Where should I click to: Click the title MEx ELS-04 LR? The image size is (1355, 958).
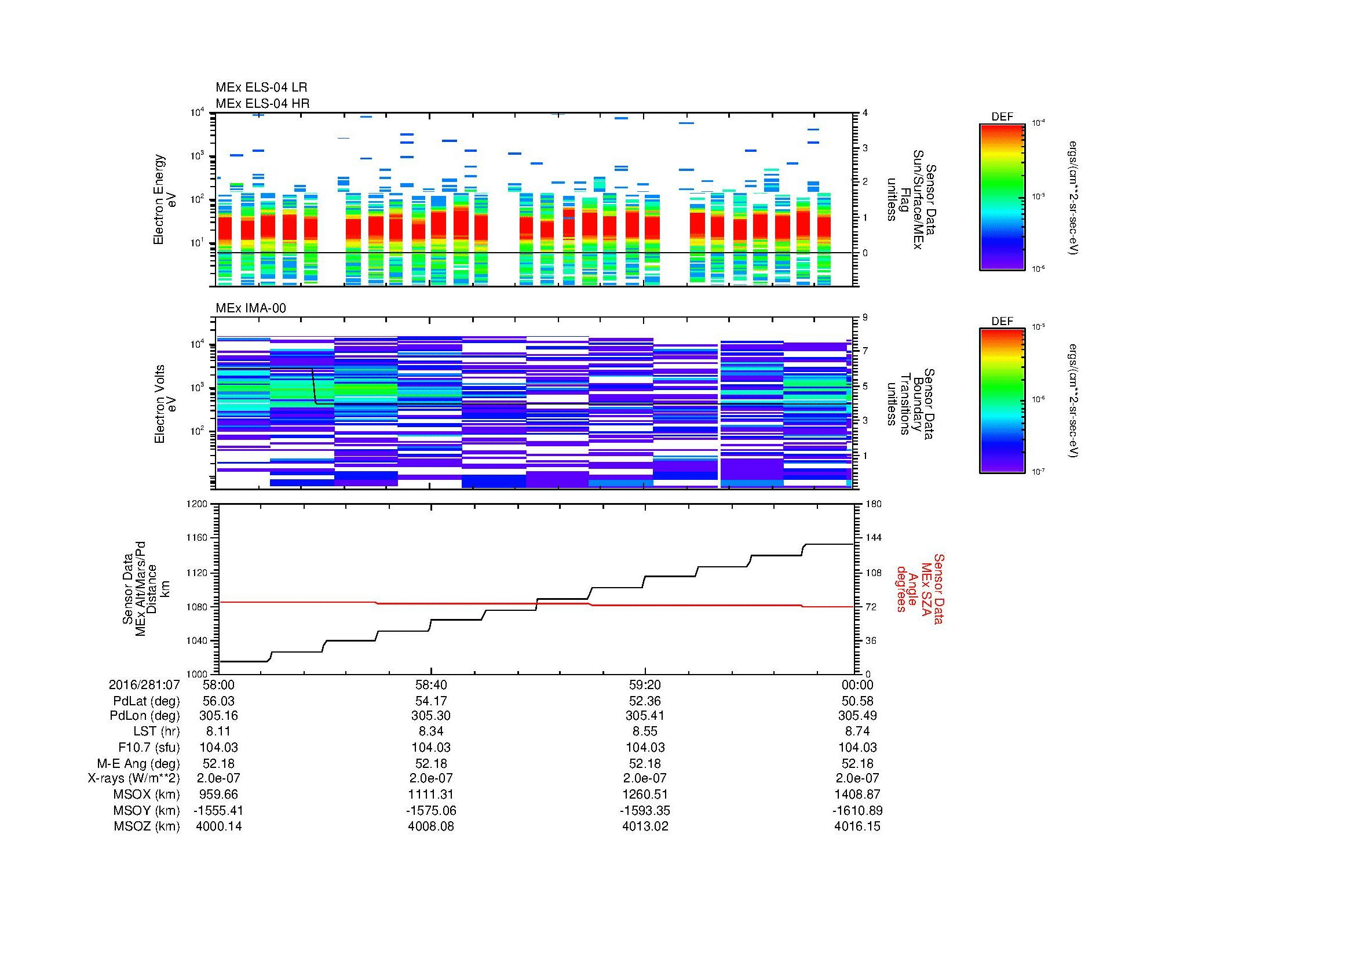[x=261, y=88]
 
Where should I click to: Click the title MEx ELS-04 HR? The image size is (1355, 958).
[x=262, y=103]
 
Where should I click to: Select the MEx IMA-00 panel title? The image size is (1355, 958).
[x=250, y=308]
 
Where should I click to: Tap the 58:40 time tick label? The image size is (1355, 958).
[x=432, y=684]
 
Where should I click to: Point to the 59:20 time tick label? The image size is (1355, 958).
[x=645, y=684]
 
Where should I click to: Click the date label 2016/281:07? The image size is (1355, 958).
[x=144, y=684]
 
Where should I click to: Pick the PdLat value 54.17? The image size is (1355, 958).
[x=432, y=701]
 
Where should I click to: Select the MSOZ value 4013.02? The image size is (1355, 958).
[x=645, y=826]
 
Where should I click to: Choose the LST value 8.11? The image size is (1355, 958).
[x=218, y=731]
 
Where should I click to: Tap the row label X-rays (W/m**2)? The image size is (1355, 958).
[x=134, y=778]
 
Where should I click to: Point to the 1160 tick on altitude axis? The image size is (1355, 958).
[x=197, y=538]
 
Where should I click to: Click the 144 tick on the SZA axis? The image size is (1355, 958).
[x=873, y=538]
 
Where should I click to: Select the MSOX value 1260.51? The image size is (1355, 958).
[x=645, y=795]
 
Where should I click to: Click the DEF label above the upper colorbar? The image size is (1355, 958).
[x=1002, y=117]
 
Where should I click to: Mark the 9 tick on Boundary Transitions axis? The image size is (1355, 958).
[x=865, y=318]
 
